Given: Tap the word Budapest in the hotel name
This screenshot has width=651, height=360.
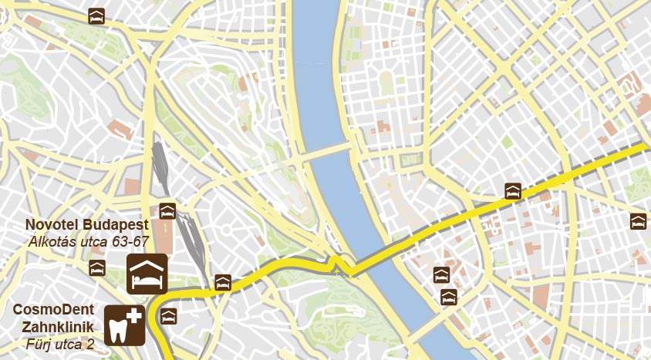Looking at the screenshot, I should pyautogui.click(x=117, y=224).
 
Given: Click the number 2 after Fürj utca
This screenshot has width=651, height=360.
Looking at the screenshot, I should pyautogui.click(x=90, y=343).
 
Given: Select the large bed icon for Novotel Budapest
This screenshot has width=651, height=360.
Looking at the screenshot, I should pyautogui.click(x=147, y=273).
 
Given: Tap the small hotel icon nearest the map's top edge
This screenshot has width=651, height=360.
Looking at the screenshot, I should pyautogui.click(x=96, y=16).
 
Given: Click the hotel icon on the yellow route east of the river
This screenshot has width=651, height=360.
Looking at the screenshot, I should pyautogui.click(x=512, y=191).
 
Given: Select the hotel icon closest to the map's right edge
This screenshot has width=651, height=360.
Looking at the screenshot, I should pyautogui.click(x=638, y=221).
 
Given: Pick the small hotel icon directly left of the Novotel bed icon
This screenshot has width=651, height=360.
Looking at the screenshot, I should pyautogui.click(x=96, y=267).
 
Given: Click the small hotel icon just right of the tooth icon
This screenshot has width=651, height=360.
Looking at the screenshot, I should pyautogui.click(x=168, y=316).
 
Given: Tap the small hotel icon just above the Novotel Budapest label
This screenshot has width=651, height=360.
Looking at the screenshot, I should pyautogui.click(x=167, y=210).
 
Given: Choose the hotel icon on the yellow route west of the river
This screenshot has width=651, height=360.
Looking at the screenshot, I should pyautogui.click(x=223, y=282).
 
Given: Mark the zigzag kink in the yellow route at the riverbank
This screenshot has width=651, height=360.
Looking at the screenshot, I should pyautogui.click(x=338, y=264).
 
